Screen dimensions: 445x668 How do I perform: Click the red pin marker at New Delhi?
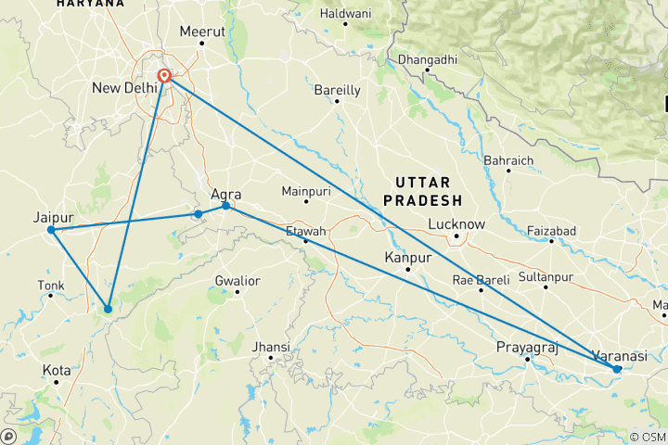click(164, 76)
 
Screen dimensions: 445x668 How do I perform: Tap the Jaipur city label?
click(53, 217)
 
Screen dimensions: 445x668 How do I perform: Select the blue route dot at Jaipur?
click(51, 230)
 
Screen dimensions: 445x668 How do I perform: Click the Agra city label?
click(226, 195)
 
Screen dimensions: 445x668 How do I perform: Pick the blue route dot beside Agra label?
click(225, 206)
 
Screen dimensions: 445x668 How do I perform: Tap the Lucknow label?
click(456, 224)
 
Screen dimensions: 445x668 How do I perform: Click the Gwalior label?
click(238, 280)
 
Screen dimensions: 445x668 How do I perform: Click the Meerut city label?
click(203, 32)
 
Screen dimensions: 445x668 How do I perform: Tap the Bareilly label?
click(337, 90)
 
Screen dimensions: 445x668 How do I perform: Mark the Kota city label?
click(57, 370)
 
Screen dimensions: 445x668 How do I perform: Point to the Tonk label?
click(50, 285)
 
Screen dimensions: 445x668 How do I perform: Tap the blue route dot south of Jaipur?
click(109, 309)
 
